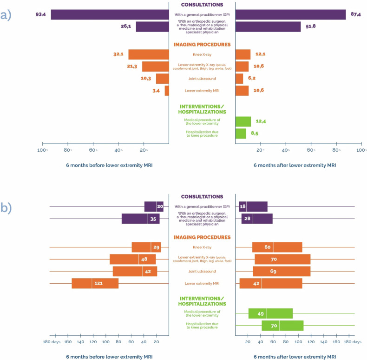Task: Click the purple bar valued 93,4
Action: coord(110,14)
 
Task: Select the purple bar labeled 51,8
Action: coord(268,27)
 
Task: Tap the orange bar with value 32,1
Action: coord(149,54)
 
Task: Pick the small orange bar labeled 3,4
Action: coord(167,91)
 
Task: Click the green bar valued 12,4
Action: coord(243,122)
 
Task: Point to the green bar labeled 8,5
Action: coord(241,133)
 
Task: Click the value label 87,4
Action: coord(355,14)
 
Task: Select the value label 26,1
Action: coord(126,26)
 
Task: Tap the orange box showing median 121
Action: coord(95,283)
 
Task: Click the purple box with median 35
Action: coord(141,219)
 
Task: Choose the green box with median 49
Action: coord(270,313)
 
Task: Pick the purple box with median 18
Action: coord(253,207)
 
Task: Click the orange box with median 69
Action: coord(282,272)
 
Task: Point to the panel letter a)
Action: coord(6,15)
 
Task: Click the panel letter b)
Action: coord(6,207)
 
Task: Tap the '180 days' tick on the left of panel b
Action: coord(52,342)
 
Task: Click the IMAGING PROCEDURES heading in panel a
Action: coord(202,45)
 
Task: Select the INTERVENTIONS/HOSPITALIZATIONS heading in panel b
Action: coord(202,301)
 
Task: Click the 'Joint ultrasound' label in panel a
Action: coord(202,79)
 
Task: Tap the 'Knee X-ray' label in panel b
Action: coord(202,247)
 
